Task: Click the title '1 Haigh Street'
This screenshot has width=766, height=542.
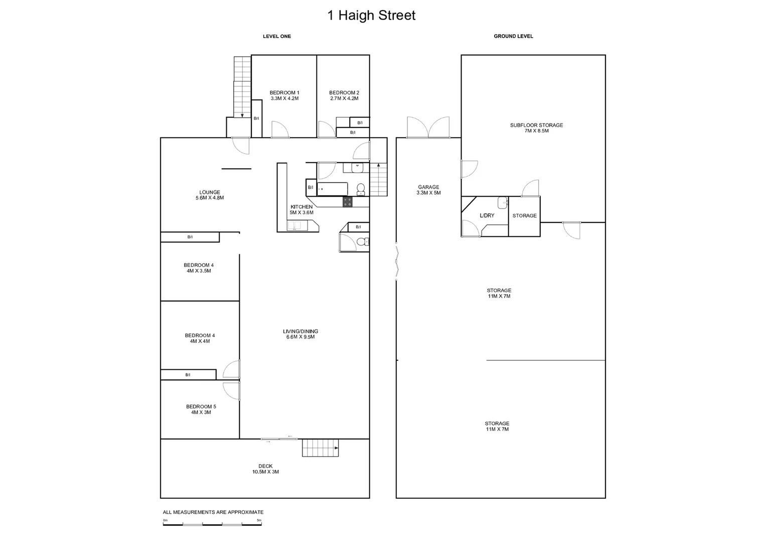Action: pos(371,16)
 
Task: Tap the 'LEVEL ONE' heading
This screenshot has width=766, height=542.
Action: pos(277,36)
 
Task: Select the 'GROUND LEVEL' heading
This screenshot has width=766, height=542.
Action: pos(513,36)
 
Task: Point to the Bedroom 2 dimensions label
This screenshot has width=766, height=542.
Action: pos(344,98)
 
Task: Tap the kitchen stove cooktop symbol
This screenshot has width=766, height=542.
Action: pos(348,202)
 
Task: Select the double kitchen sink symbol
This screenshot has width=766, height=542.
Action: pos(294,225)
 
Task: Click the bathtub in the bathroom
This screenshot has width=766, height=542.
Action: pos(333,189)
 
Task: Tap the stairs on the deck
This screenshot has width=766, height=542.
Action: pos(321,448)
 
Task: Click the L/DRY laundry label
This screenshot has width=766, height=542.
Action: pos(487,216)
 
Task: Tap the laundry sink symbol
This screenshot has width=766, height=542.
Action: pos(502,203)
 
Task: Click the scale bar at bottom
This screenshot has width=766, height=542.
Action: pos(212,523)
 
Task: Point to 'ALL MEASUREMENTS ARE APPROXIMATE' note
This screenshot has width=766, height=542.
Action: pos(213,512)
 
